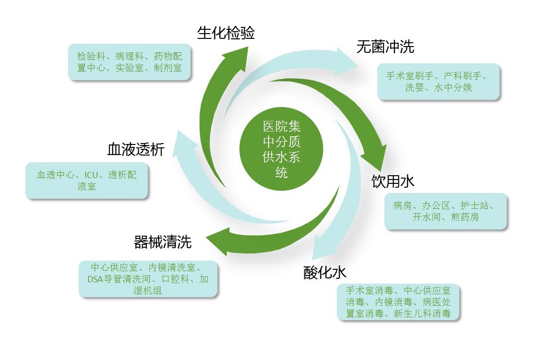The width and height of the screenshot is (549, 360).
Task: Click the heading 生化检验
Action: [x=226, y=33]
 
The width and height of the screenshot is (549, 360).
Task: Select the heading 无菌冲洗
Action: [x=385, y=47]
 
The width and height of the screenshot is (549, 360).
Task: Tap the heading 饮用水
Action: [x=393, y=181]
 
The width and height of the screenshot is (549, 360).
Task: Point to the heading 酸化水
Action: [x=324, y=273]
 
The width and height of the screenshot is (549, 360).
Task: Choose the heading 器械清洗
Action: [x=163, y=242]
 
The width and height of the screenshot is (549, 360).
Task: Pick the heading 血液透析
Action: [x=136, y=150]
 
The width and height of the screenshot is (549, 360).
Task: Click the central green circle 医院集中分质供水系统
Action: [x=281, y=149]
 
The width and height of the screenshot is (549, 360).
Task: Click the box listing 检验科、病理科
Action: [x=130, y=62]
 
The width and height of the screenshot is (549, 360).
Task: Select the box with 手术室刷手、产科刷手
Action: [x=438, y=82]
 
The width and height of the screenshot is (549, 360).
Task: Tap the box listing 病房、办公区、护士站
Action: [x=446, y=211]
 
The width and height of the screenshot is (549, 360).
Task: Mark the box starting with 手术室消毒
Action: [x=398, y=302]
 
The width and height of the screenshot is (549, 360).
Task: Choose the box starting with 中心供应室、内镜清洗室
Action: [x=148, y=279]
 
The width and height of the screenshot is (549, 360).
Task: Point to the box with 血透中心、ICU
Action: [x=87, y=180]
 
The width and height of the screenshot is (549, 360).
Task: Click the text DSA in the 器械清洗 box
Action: [x=95, y=279]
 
